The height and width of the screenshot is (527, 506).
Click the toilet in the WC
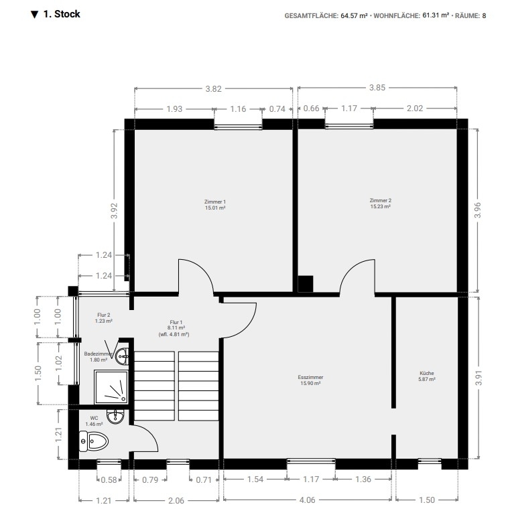click(x=94, y=441)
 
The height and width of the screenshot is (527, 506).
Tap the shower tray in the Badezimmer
click(x=111, y=387)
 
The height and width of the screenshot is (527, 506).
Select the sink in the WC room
click(x=115, y=417)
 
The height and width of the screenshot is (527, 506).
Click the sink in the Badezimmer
click(x=122, y=356)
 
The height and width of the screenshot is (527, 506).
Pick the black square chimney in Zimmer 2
click(x=306, y=284)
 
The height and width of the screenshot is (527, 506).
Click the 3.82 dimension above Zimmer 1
click(x=214, y=89)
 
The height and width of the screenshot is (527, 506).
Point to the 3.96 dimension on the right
click(x=478, y=210)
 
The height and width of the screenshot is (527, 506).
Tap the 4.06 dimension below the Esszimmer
click(x=308, y=500)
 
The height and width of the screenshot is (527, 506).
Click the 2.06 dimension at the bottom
click(x=176, y=501)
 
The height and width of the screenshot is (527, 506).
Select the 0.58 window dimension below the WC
click(x=109, y=480)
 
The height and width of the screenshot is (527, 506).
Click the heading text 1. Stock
click(x=62, y=14)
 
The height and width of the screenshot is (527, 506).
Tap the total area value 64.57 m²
click(x=354, y=16)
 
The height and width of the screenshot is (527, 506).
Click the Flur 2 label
click(x=104, y=315)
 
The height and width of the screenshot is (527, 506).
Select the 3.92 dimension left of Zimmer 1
click(x=115, y=211)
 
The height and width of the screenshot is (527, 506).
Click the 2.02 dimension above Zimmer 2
click(x=414, y=108)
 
